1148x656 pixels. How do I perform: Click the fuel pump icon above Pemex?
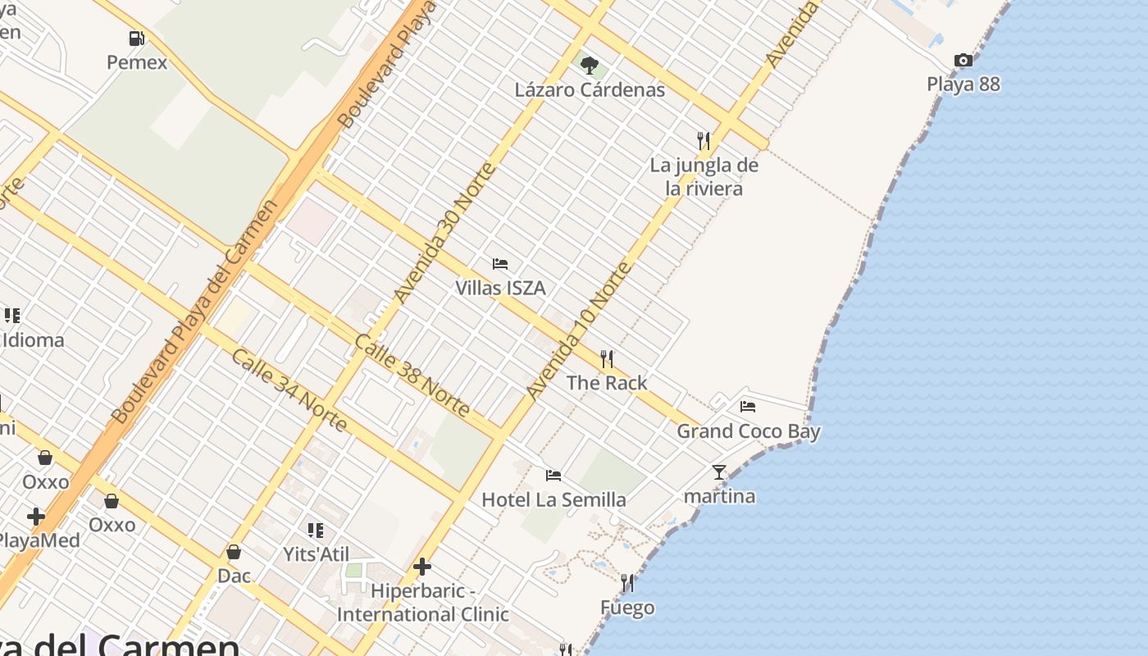136,39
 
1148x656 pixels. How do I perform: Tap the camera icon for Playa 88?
963,61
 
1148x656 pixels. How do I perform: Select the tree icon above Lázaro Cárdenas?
589,66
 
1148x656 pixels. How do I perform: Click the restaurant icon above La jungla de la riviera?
704,141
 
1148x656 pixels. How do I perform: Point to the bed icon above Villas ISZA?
500,264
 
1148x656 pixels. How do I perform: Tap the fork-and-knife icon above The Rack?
607,359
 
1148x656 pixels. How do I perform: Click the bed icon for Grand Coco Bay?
748,407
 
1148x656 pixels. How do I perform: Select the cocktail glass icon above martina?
719,472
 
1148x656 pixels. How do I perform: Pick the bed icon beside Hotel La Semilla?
553,476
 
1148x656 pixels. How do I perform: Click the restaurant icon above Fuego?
627,583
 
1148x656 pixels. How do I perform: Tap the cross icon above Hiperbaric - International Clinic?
422,567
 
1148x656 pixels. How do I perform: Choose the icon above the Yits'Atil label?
316,531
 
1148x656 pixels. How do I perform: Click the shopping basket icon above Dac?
234,552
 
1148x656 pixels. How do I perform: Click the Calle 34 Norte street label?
289,390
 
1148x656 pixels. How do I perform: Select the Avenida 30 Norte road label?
445,233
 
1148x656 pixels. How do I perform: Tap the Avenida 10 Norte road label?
580,330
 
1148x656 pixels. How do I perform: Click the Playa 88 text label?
963,84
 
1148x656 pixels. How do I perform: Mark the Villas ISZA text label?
500,288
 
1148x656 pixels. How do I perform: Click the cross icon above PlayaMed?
35,517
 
